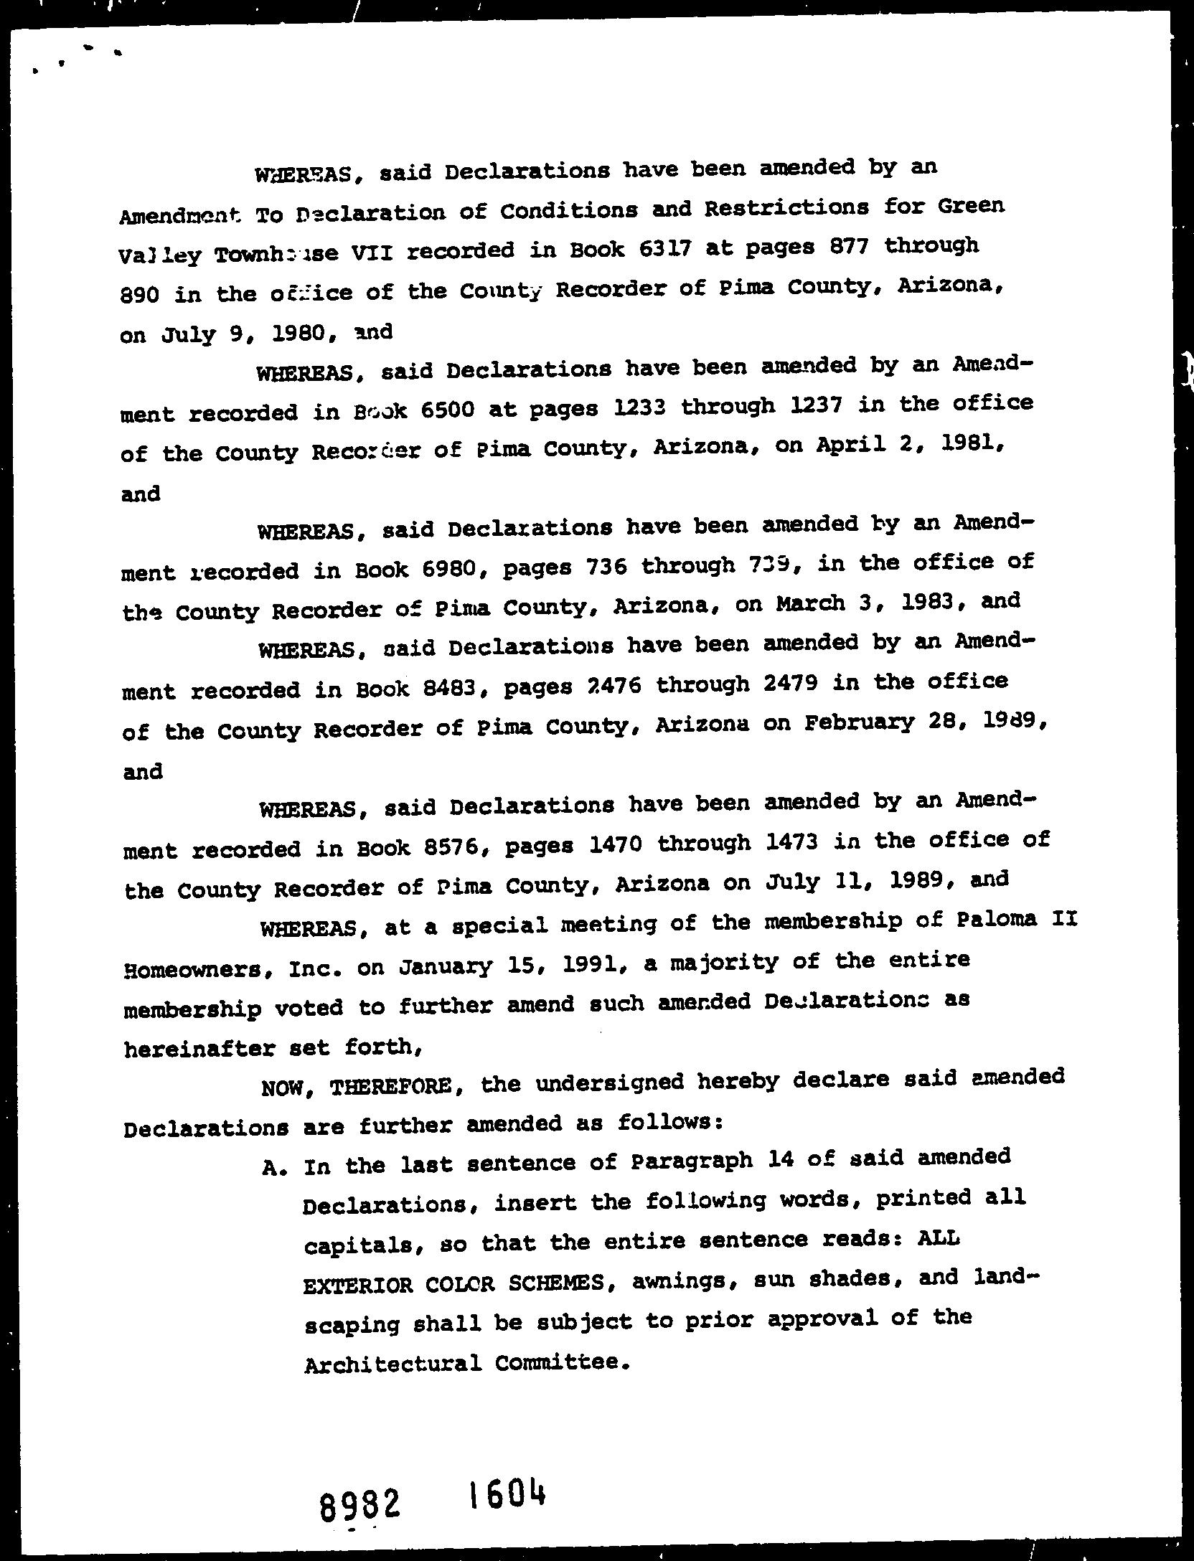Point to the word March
[x=810, y=603]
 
